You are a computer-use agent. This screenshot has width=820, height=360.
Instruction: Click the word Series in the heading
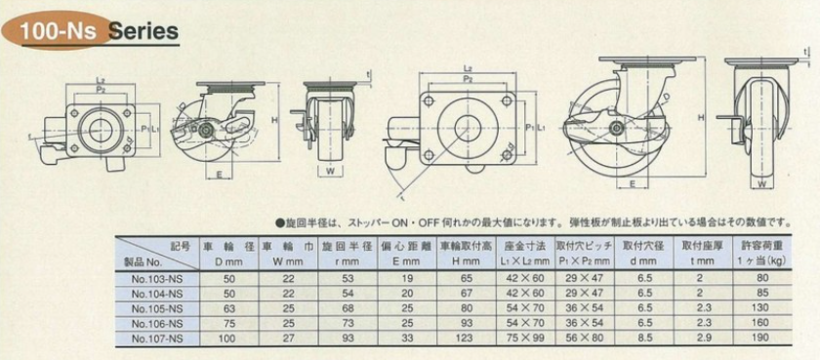(143, 30)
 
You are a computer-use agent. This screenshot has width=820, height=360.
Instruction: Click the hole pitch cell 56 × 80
(584, 339)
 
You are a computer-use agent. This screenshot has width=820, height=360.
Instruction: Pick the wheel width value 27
(287, 339)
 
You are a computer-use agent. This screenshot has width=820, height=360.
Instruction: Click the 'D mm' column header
(227, 262)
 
